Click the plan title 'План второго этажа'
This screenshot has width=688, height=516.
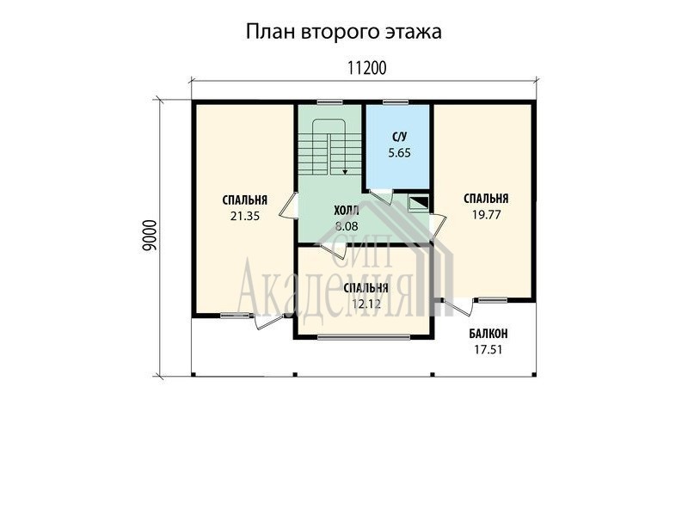(x=343, y=33)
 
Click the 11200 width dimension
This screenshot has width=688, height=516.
(x=367, y=68)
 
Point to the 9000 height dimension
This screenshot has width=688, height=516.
(x=149, y=236)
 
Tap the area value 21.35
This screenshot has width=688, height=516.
(x=245, y=216)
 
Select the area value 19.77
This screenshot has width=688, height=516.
(x=486, y=215)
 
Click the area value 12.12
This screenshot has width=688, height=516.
(x=366, y=304)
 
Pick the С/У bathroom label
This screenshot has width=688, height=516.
(x=399, y=137)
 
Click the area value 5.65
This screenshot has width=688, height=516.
(x=399, y=153)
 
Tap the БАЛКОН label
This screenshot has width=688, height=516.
(x=488, y=334)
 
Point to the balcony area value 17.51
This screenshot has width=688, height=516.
(x=488, y=350)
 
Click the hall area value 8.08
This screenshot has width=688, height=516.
(x=347, y=226)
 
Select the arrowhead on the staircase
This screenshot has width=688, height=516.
(x=346, y=172)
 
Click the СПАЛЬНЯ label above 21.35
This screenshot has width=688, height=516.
(x=245, y=200)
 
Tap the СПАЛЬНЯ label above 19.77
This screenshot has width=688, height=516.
(x=486, y=199)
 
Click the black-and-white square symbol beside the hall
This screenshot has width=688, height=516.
(x=419, y=203)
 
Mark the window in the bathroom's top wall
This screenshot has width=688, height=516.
(x=396, y=102)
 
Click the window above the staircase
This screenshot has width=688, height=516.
(x=330, y=102)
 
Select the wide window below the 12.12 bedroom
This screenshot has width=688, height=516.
(x=364, y=337)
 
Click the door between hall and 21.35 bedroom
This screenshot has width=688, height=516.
(x=288, y=205)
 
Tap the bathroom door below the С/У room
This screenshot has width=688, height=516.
(x=381, y=196)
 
